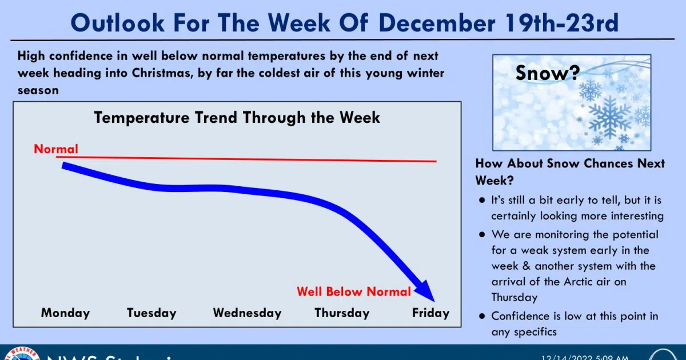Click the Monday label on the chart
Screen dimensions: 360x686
[x=65, y=313]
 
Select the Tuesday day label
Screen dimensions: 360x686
[x=151, y=313]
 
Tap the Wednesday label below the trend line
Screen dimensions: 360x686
[x=247, y=313]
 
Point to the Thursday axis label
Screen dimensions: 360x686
[x=342, y=313]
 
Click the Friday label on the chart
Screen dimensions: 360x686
[x=430, y=313]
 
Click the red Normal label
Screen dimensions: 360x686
[x=56, y=149]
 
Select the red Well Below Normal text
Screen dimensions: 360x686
[x=353, y=292]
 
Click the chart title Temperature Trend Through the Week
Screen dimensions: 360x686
[x=237, y=118]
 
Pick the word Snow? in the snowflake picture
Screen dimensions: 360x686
[x=547, y=73]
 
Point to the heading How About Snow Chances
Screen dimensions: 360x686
[x=570, y=164]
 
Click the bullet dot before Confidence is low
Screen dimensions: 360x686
[x=482, y=316]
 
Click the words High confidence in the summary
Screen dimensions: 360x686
[x=62, y=57]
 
